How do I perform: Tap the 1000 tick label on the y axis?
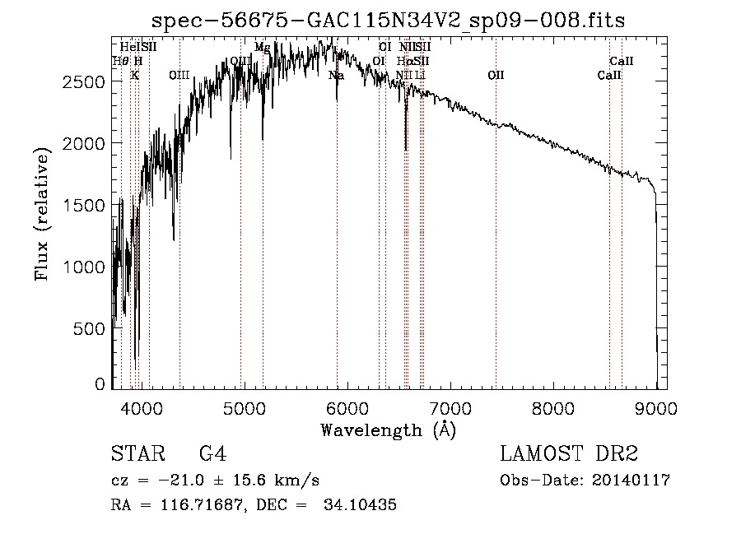(86, 267)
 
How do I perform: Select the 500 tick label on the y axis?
(91, 328)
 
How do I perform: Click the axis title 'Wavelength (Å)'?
(388, 430)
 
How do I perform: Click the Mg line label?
(262, 48)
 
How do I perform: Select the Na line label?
(336, 76)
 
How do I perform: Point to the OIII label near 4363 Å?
(179, 76)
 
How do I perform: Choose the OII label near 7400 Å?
(496, 76)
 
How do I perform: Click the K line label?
(135, 76)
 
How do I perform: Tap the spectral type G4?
(212, 454)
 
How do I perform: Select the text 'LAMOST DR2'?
(569, 454)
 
